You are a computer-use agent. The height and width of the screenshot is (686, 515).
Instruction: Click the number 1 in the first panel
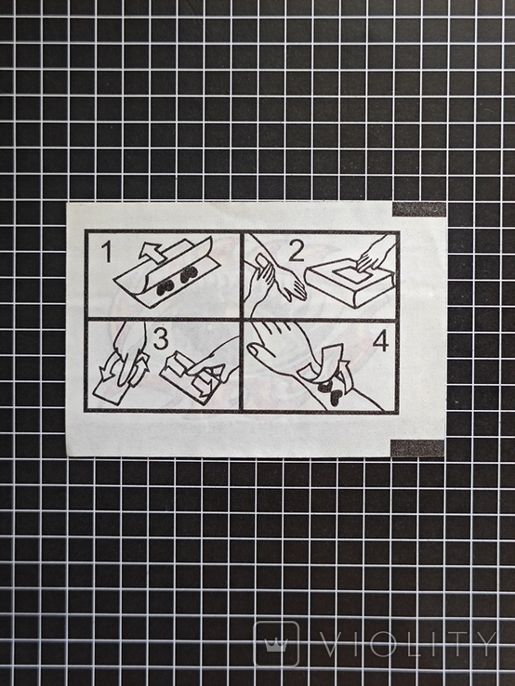tap(106, 253)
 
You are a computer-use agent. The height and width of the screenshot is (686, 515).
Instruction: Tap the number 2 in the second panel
tap(297, 252)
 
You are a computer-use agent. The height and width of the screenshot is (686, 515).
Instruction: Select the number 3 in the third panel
tap(161, 339)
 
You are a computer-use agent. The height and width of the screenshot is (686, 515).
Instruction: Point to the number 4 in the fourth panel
tap(380, 342)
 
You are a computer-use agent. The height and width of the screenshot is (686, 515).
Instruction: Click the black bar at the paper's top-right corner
tap(418, 209)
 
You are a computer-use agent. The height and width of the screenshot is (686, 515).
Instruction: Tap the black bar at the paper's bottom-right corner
tap(417, 447)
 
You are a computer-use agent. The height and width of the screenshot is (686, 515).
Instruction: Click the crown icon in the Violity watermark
tap(276, 644)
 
